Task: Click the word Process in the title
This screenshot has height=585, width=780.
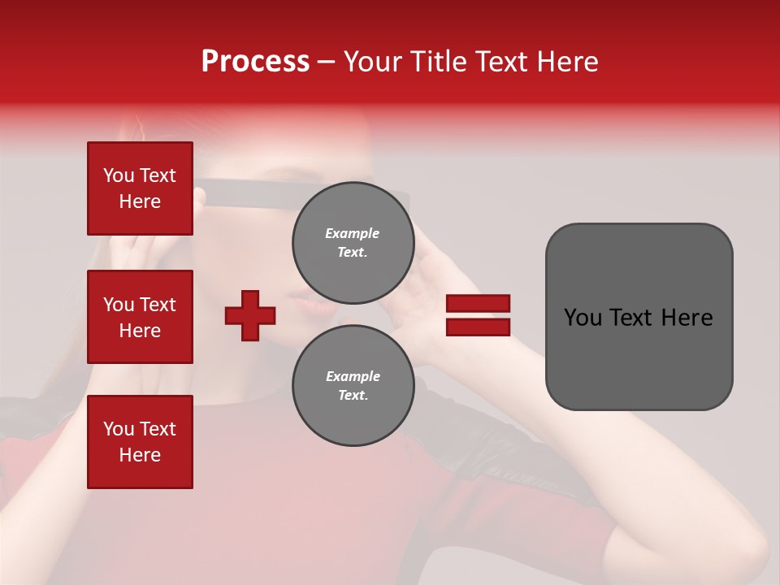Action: click(255, 62)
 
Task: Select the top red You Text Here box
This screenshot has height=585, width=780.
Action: click(140, 188)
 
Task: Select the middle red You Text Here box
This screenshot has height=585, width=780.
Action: click(140, 317)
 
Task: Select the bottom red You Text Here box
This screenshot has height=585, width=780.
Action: click(140, 442)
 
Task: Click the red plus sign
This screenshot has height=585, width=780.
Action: click(250, 315)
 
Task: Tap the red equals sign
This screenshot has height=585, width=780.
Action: click(478, 315)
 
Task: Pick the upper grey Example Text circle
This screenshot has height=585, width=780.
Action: click(353, 243)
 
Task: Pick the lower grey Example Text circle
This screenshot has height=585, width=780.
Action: click(353, 386)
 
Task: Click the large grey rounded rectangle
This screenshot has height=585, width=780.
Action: click(639, 317)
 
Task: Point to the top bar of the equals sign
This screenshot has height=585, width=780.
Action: click(478, 303)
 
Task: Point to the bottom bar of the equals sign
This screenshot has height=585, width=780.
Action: click(478, 327)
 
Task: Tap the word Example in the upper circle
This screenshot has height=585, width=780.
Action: click(353, 233)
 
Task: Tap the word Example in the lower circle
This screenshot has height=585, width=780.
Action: click(353, 376)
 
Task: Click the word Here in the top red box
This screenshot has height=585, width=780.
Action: click(140, 201)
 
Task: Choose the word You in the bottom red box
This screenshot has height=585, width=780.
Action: click(119, 429)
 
